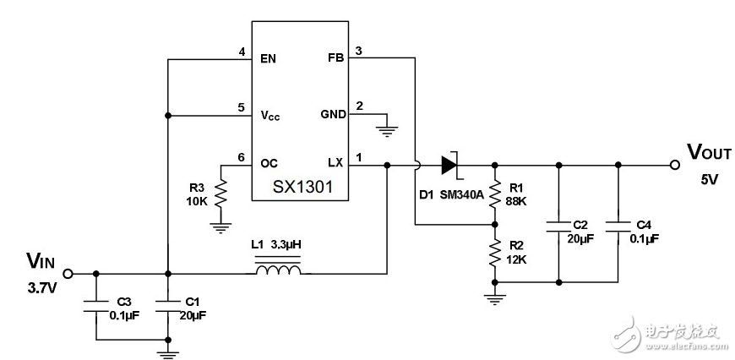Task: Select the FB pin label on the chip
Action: coord(335,59)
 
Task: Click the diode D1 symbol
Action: coord(448,163)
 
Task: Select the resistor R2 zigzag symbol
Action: coord(494,252)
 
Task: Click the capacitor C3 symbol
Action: coord(95,304)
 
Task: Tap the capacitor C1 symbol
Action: coord(168,304)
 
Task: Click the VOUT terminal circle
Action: coord(675,164)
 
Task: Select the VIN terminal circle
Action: coord(68,274)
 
